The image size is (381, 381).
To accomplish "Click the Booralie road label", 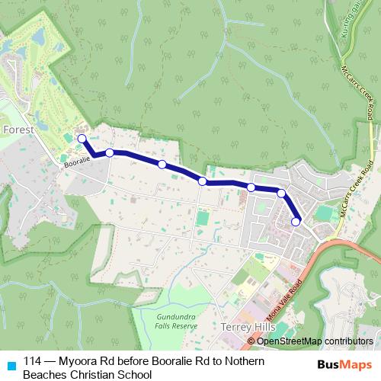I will click(x=77, y=160).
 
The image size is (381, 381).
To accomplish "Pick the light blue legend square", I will click(x=10, y=364).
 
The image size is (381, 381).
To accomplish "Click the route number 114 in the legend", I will click(x=33, y=361).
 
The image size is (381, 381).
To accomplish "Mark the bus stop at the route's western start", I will click(x=82, y=138).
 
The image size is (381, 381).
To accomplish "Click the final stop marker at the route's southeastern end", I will click(x=296, y=222).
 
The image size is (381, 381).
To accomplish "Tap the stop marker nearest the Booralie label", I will click(x=110, y=153).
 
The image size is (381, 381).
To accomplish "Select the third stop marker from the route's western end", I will click(x=162, y=164).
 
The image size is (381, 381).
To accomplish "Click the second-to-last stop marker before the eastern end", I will click(x=281, y=194).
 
